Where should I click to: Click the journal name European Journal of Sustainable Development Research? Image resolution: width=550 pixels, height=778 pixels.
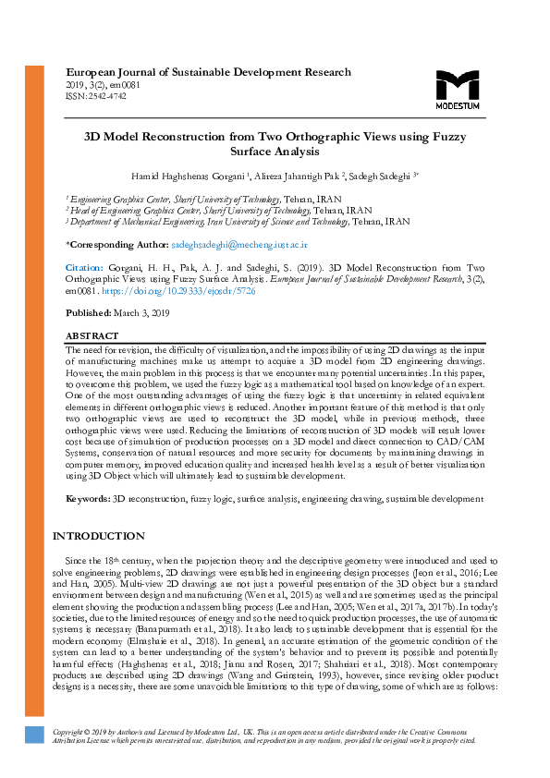coord(208,72)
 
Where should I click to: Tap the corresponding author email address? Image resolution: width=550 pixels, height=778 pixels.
coord(239,246)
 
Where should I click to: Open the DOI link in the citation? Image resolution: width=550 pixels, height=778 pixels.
coord(171,290)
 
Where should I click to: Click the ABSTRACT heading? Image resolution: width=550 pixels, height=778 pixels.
coord(92,335)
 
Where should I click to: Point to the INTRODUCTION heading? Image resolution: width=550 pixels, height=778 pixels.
coord(99,536)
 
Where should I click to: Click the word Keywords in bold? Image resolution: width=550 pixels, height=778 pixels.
coord(87,498)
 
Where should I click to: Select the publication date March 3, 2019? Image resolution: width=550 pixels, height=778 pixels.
coord(142,313)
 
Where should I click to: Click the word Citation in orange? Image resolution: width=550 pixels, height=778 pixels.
coord(84,268)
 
